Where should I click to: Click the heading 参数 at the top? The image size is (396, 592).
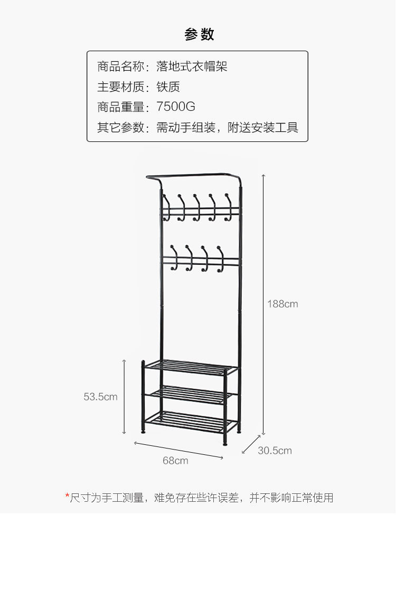[199, 34]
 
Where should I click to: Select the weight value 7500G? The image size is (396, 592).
[176, 107]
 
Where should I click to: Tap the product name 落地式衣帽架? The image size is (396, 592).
[192, 66]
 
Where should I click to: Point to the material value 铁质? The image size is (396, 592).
[168, 87]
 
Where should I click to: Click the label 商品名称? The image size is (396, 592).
[120, 66]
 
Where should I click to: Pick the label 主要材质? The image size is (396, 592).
[120, 87]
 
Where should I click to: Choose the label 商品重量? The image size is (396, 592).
[120, 107]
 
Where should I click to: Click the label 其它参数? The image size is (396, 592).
[120, 128]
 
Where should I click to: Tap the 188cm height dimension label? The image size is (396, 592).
[282, 304]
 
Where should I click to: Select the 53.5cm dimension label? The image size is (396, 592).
[100, 397]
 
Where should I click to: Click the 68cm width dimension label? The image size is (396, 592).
[175, 461]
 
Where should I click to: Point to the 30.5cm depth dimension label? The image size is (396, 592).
[275, 451]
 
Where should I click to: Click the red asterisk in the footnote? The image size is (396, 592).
[67, 496]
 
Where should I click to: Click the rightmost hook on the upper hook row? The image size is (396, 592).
[229, 206]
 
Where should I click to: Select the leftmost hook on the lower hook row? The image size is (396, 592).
[174, 258]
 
